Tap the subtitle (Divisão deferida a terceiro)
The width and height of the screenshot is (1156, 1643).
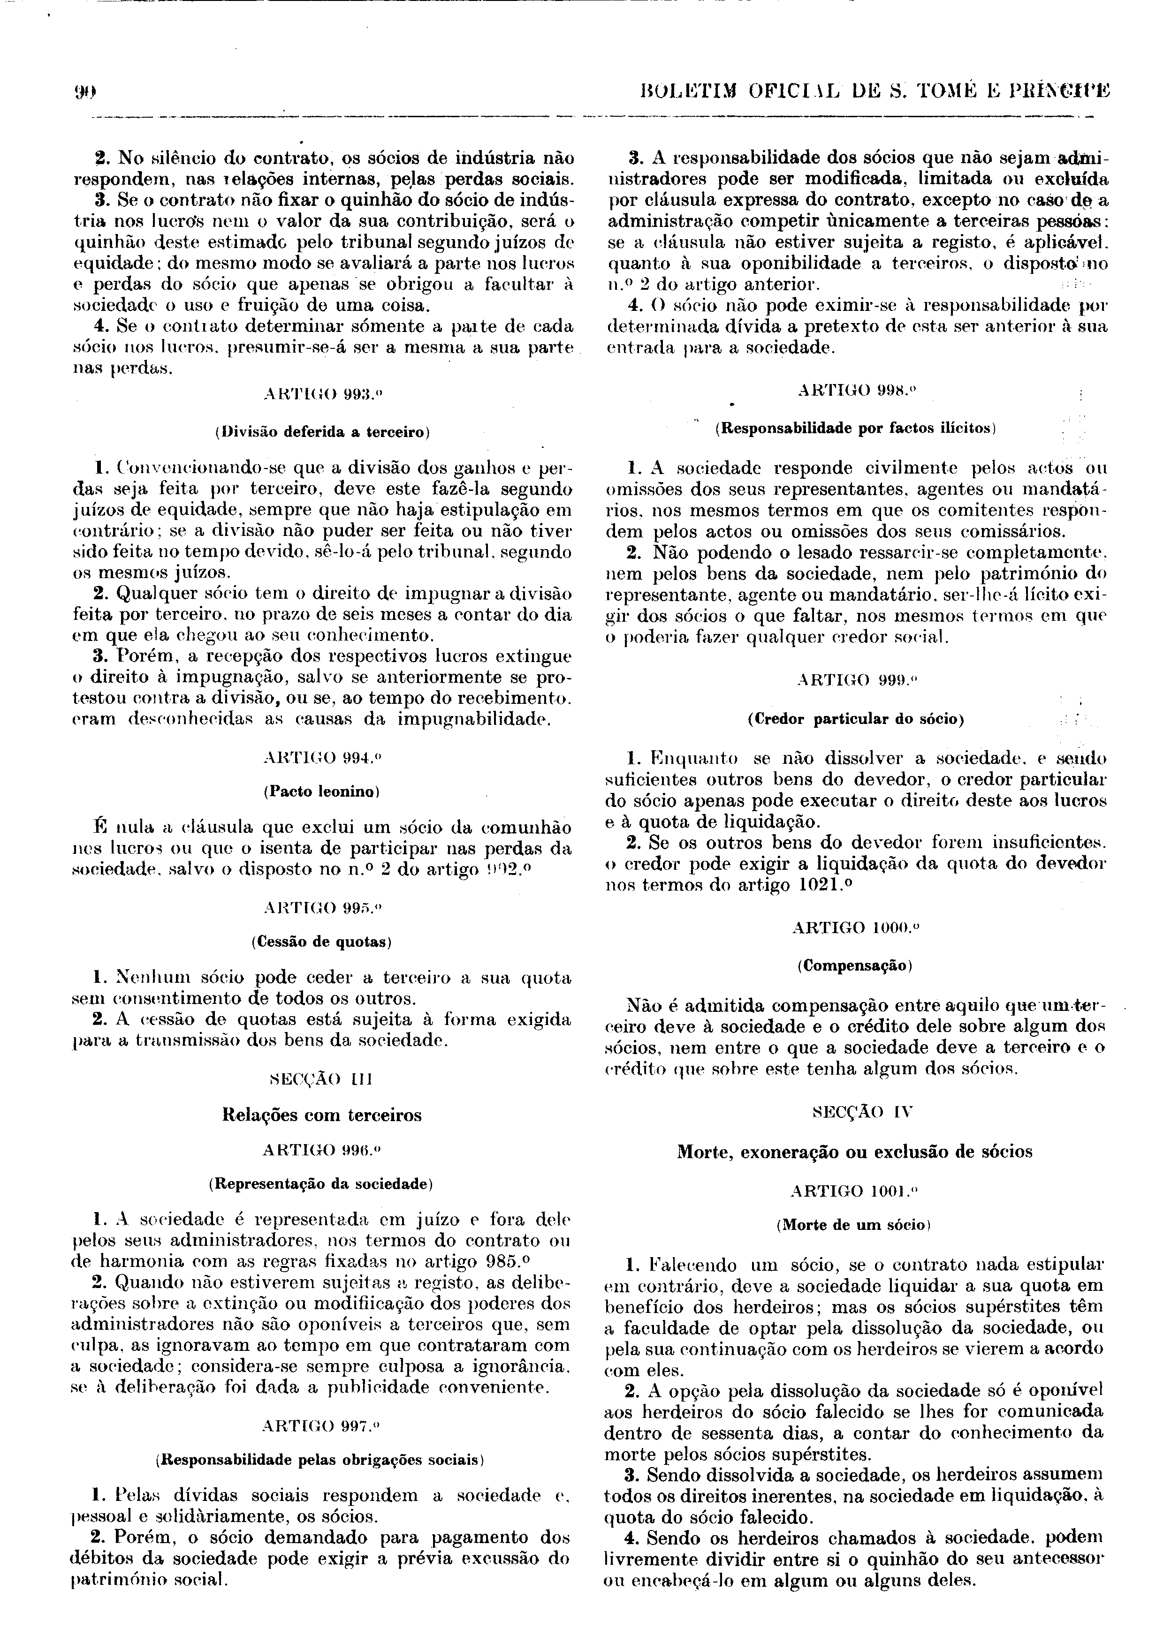point(322,432)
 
